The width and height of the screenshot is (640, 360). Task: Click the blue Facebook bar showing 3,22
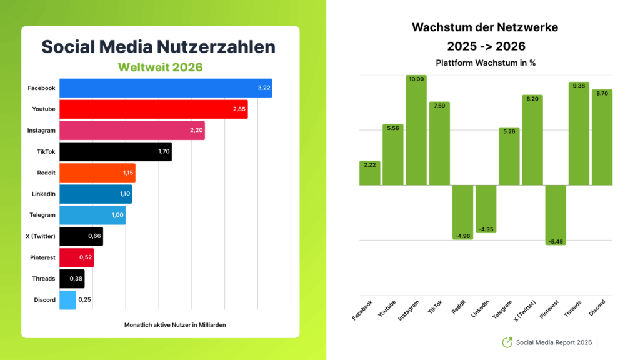166,88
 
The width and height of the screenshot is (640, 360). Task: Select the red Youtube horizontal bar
153,109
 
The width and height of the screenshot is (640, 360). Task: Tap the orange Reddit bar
97,172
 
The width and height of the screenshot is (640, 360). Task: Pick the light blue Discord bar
67,300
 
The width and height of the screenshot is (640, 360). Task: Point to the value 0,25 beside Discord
84,300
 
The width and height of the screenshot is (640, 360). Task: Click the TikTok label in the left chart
45,151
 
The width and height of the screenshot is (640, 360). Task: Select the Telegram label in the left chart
42,215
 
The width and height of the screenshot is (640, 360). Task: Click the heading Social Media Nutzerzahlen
158,47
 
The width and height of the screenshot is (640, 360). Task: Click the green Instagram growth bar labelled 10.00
416,131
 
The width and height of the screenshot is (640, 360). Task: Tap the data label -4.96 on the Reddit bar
462,235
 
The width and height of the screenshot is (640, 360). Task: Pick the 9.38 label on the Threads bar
579,87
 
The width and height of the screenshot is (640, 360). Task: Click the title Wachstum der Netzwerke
485,27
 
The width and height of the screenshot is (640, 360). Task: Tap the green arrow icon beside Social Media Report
507,342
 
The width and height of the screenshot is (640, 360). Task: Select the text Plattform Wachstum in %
485,63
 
